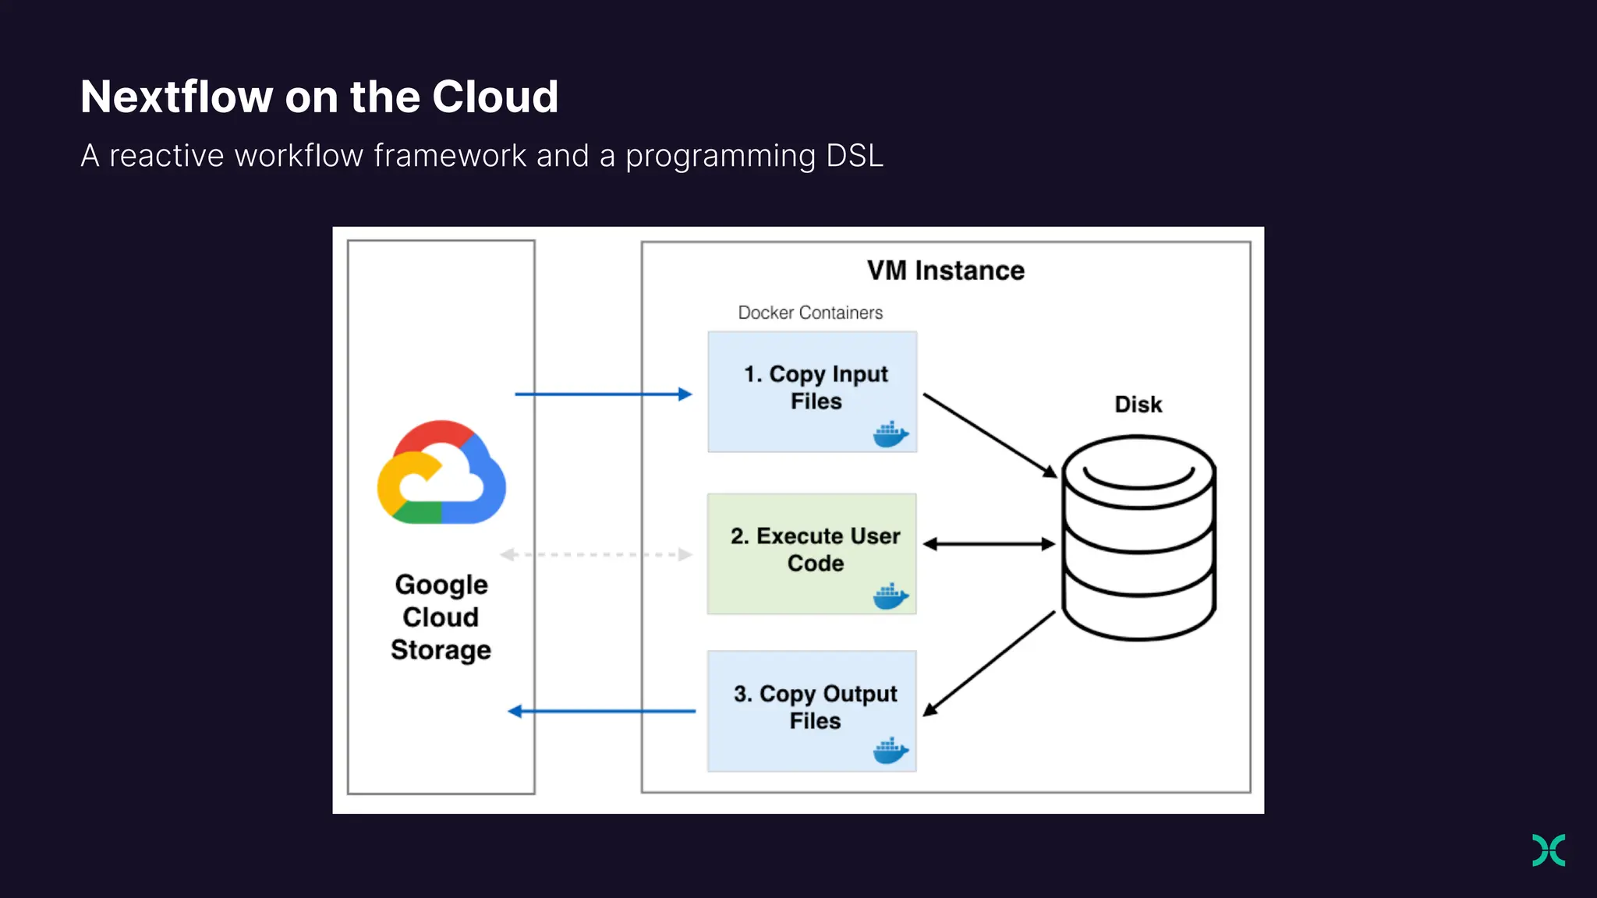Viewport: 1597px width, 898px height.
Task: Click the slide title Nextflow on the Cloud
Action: tap(319, 97)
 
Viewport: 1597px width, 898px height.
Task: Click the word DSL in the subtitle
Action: tap(854, 156)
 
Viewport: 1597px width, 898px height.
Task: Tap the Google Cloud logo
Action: tap(441, 473)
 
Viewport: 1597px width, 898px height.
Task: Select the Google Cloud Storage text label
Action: tap(441, 617)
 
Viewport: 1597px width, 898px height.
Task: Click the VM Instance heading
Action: tap(945, 270)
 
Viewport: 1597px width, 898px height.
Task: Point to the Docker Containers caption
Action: tap(810, 313)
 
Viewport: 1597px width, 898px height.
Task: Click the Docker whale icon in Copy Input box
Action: tap(891, 434)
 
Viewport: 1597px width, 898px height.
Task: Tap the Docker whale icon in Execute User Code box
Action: tap(891, 596)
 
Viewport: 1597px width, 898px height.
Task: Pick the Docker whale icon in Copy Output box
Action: tap(891, 751)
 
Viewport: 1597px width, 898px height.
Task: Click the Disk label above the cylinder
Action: tap(1138, 405)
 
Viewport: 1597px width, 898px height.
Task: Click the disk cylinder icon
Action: tap(1138, 538)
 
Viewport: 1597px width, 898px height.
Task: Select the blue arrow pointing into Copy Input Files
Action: tap(603, 394)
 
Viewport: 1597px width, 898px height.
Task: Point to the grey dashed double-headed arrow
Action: tap(596, 555)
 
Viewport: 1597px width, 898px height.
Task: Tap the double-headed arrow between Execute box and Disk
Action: tap(989, 544)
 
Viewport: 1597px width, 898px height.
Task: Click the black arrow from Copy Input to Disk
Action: tap(990, 435)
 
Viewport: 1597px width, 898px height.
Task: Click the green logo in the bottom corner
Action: tap(1548, 850)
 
